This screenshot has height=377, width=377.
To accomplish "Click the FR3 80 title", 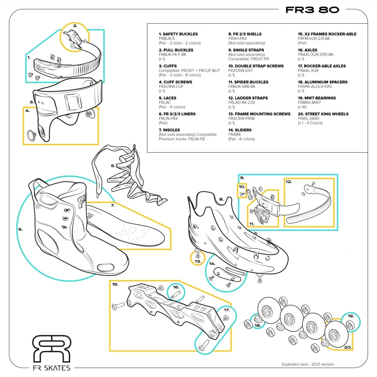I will pos(312,10).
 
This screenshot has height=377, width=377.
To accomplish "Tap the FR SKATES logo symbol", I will pos(52,348).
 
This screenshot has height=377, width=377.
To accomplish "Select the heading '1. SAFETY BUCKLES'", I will pos(178,34).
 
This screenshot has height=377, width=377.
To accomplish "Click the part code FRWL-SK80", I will pos(309,118).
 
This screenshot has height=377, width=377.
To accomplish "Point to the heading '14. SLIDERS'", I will pos(240,130).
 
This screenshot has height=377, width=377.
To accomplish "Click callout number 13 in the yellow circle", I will pos(198,261).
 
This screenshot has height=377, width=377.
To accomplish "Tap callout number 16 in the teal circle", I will pos(176,287).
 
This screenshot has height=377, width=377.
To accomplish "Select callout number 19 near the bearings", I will pos(351,316).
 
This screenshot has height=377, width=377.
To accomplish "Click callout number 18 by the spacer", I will pos(258,325).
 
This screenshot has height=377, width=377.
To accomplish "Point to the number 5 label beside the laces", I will pos(113,166).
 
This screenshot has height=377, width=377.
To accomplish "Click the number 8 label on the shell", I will pos(221,199).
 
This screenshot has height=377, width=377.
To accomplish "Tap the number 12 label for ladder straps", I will pos(288,182).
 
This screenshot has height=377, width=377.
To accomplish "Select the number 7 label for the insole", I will pos(113,205).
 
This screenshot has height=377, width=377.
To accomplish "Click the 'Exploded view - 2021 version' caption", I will pos(308,364).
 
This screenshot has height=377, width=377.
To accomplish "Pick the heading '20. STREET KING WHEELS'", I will pos(323,114).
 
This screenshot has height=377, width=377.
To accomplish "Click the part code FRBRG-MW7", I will pos(309,102).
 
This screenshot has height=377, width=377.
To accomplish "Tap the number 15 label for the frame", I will pos(115,284).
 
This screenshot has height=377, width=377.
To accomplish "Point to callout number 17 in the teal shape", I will pos(227,310).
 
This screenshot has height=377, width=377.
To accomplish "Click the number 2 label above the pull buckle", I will pos(75,26).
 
